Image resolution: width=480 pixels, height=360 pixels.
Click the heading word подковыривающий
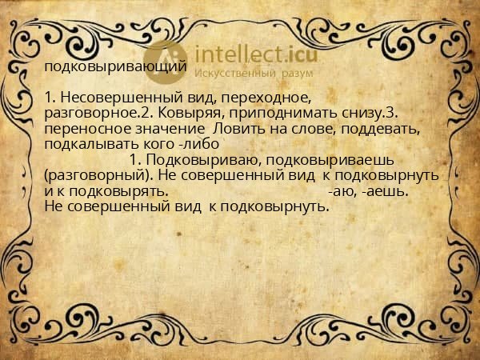tap(116, 67)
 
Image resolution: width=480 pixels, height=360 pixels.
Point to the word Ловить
tap(238, 128)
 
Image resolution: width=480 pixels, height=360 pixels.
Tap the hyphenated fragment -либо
tap(198, 143)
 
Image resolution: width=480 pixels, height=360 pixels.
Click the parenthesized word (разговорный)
tap(96, 174)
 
